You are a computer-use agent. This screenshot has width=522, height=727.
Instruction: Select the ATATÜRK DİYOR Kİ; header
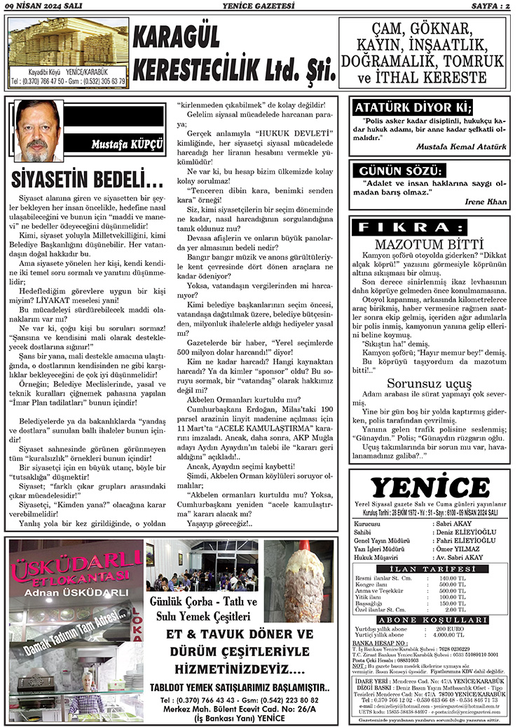click(x=413, y=107)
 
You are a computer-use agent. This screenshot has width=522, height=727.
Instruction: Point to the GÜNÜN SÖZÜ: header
click(x=401, y=171)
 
